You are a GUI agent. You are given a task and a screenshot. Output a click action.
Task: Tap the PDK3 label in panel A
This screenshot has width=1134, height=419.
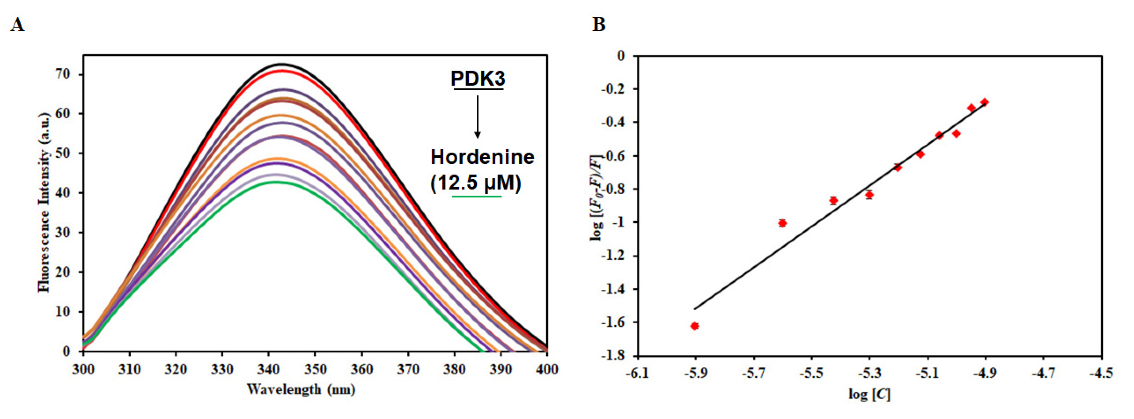[x=478, y=79]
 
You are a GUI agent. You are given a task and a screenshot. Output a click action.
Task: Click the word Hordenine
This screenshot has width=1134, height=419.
[x=482, y=157]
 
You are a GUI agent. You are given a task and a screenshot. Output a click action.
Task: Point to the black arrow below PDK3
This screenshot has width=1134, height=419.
[x=477, y=117]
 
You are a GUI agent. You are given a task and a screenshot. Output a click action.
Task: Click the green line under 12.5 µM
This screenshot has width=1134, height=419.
[x=477, y=196]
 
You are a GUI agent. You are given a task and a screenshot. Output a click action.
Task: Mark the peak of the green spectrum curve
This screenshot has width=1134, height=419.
[x=275, y=182]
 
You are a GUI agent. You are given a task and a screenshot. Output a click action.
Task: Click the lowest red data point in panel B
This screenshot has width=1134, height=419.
[x=695, y=326]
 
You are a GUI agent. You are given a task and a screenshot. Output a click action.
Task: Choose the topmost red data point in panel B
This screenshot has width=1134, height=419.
[x=985, y=102]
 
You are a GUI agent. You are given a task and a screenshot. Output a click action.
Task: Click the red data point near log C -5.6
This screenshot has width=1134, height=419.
[x=782, y=223]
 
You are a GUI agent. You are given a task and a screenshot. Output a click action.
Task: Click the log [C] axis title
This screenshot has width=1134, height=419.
[x=869, y=394]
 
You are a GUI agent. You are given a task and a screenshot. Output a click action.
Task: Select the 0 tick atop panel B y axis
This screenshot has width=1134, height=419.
[x=621, y=56]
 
